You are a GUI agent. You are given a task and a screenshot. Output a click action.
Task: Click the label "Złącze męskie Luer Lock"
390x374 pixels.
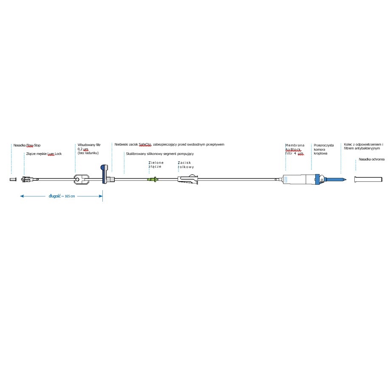coord(44,154)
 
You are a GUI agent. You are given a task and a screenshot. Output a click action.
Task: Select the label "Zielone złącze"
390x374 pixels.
coord(156,165)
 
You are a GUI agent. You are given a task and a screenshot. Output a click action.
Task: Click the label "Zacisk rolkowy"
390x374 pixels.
coord(186,165)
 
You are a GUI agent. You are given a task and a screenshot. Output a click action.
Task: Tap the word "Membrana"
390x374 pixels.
coord(295,146)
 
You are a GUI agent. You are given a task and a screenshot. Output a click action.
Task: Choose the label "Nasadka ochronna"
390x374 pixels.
coord(372,159)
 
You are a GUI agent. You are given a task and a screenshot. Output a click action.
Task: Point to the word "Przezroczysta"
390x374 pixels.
coord(324,145)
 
